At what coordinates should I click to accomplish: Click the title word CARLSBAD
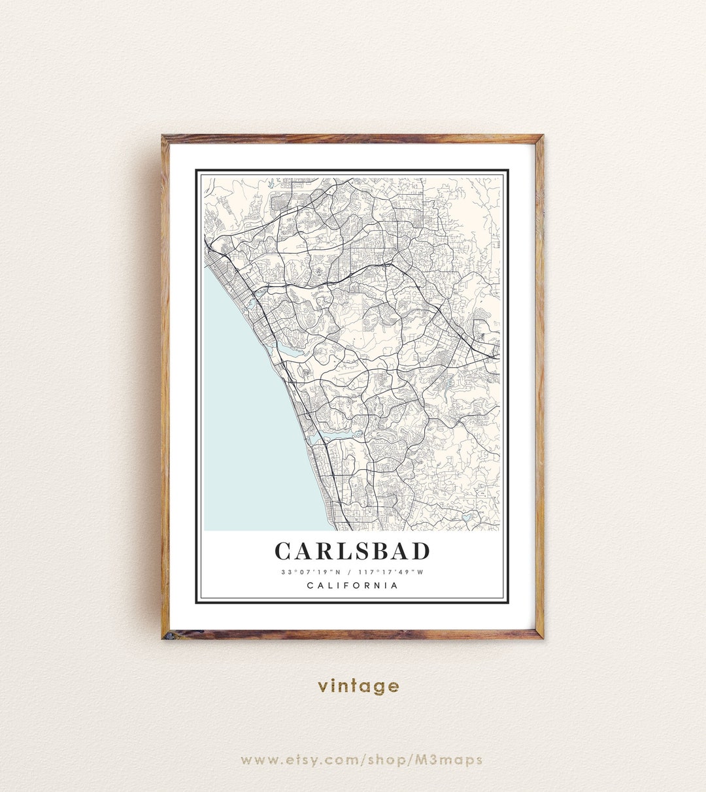point(352,551)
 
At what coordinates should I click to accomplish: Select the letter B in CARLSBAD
point(382,551)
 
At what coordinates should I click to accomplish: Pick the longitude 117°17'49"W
point(391,572)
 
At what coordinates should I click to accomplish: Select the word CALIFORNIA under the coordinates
point(352,586)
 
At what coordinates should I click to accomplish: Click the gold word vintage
point(358,686)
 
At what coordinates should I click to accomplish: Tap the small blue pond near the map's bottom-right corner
point(465,516)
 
